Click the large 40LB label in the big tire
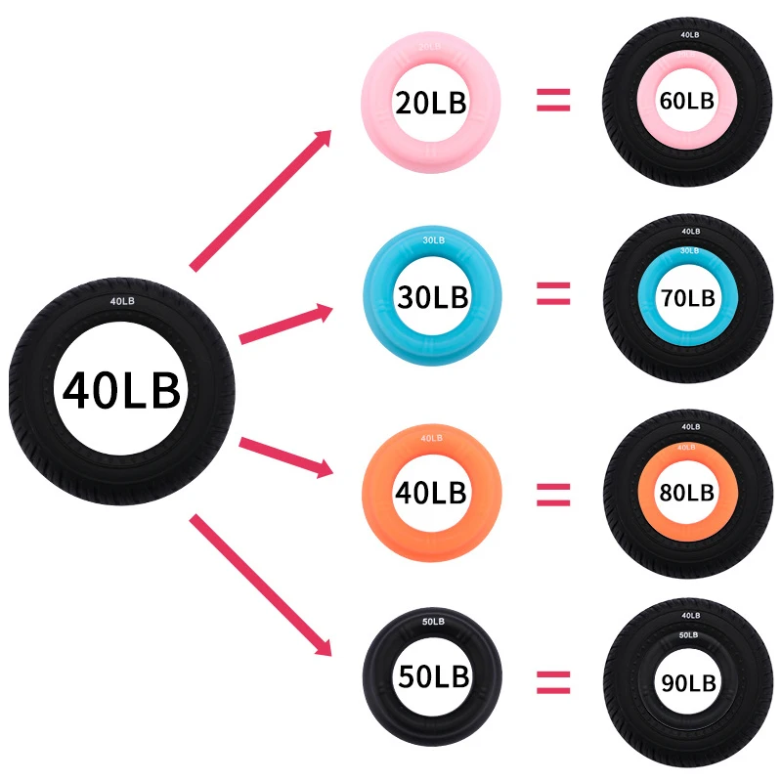[121, 390]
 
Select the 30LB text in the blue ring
[431, 294]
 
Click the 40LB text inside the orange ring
[431, 491]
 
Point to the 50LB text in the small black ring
[433, 675]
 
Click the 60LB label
[688, 101]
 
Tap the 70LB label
[688, 297]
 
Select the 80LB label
[688, 492]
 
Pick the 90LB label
[688, 681]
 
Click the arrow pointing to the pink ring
[261, 200]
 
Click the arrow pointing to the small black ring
[261, 584]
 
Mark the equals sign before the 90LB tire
[553, 679]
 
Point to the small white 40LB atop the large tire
[121, 301]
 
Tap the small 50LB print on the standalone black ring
[433, 622]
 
